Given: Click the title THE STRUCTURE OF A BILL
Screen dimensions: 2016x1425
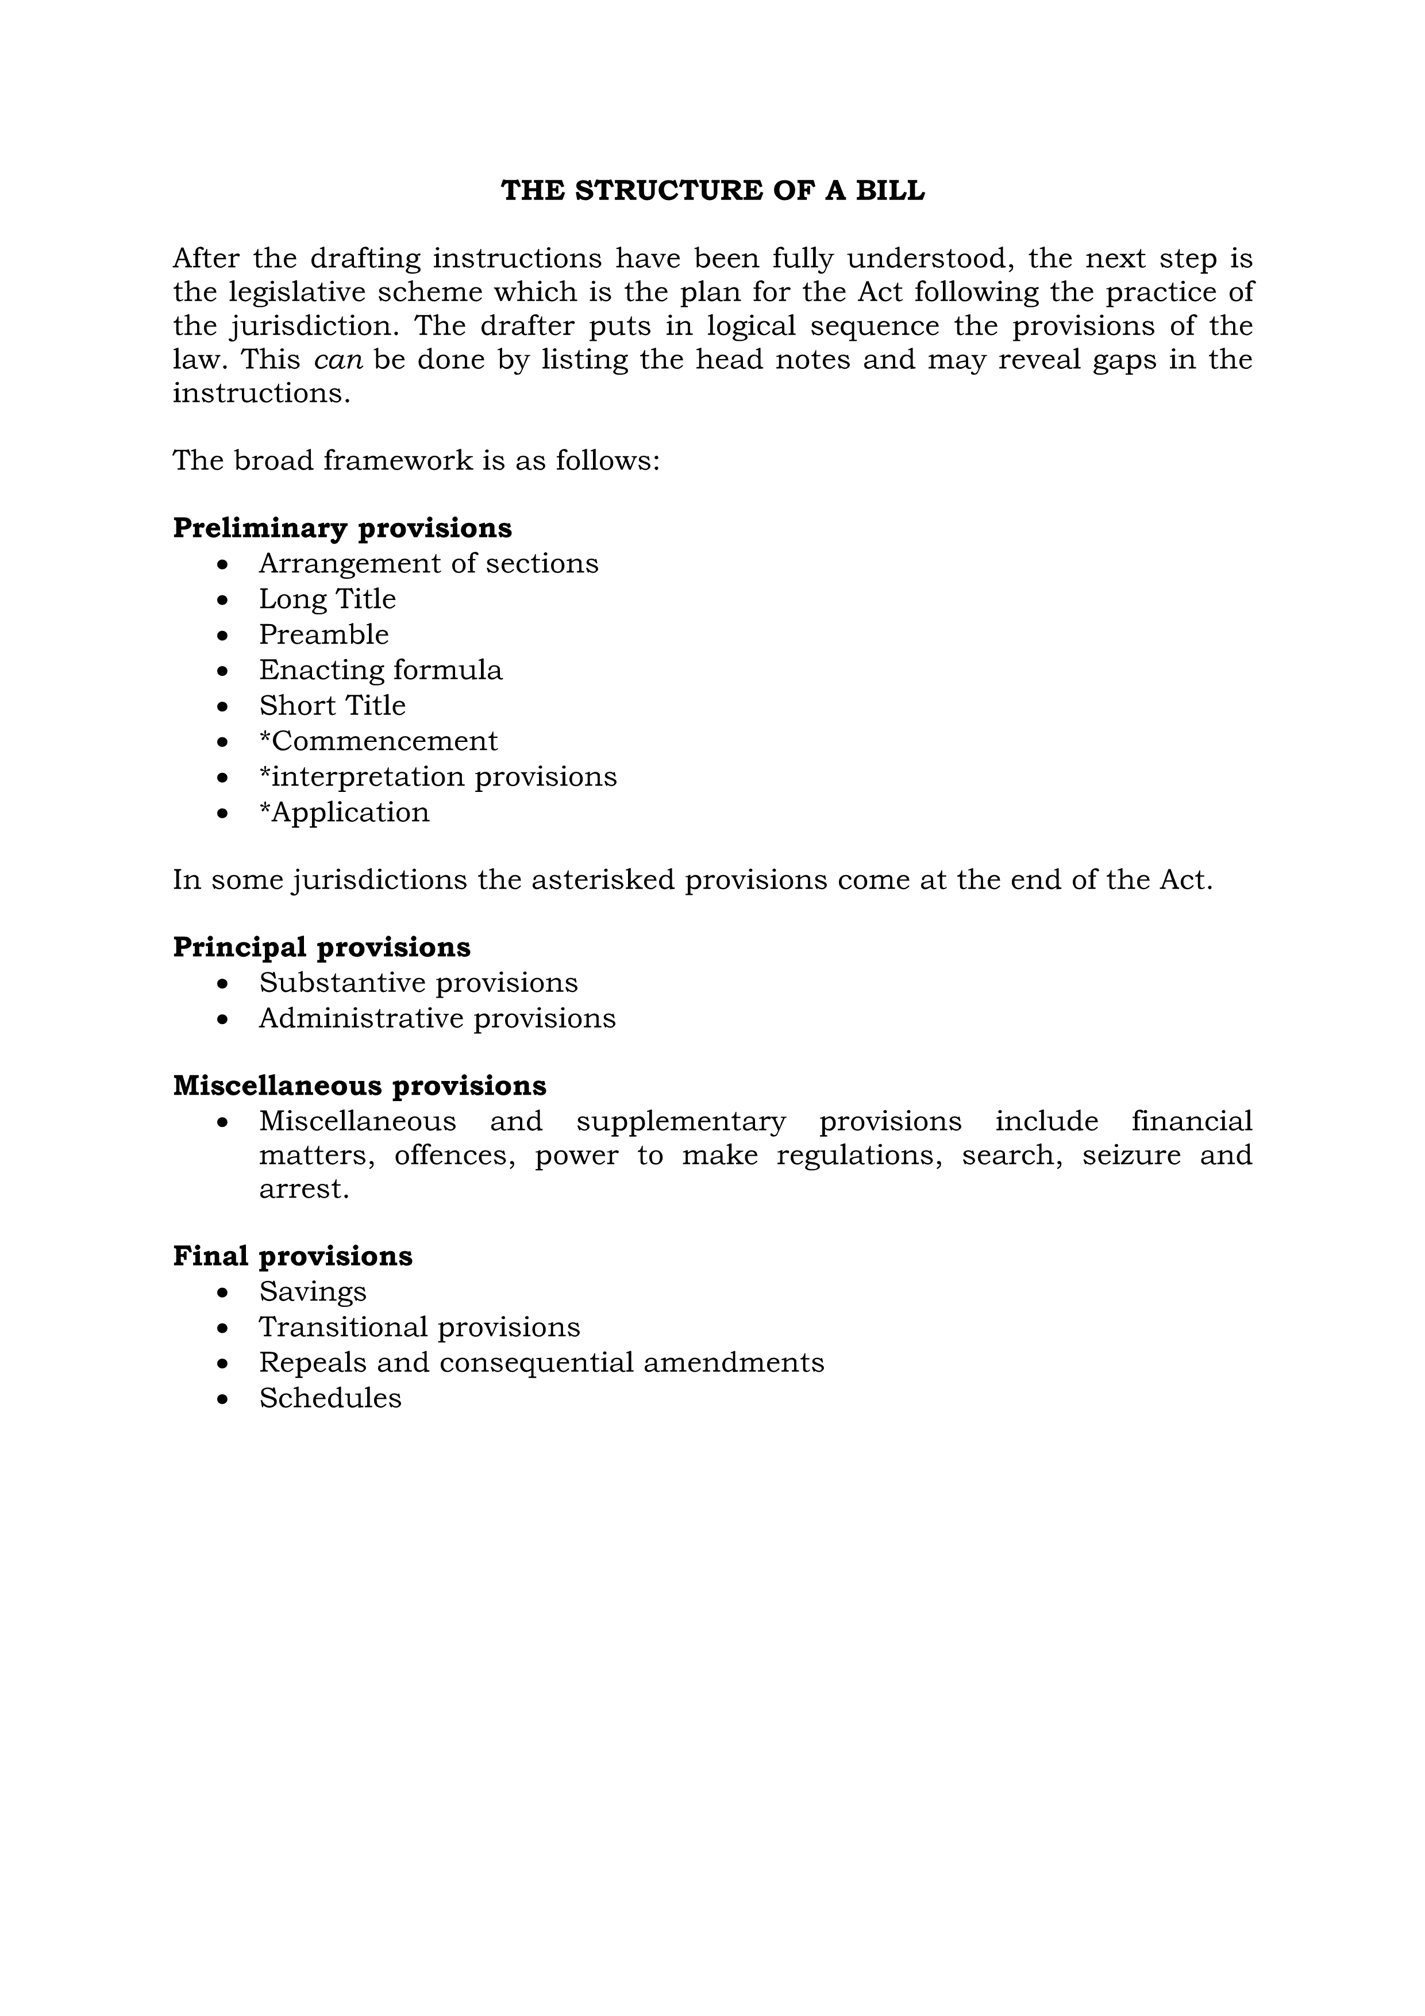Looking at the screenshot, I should (712, 191).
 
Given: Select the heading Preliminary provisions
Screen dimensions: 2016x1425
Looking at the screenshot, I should (342, 528).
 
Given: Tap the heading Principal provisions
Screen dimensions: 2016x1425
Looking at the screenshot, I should (321, 947).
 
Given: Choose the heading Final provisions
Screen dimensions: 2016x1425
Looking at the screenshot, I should (292, 1256).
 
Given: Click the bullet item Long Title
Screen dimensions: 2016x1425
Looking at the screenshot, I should (328, 599).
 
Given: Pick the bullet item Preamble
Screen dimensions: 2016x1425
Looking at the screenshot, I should (324, 634).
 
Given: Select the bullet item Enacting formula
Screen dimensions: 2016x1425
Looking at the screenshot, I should (381, 670).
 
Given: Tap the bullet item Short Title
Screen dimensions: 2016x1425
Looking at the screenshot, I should (333, 705).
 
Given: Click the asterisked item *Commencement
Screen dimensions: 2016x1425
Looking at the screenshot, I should (379, 741).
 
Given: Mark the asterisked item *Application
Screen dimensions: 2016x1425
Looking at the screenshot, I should (344, 812).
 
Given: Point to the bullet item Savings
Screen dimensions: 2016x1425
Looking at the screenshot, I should (313, 1292).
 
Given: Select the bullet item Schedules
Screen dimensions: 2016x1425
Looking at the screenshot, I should (330, 1398).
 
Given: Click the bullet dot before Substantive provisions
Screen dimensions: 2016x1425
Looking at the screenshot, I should (223, 983).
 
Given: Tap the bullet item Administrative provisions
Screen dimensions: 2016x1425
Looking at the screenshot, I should (437, 1018).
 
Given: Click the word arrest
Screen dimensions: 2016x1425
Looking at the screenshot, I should (304, 1189).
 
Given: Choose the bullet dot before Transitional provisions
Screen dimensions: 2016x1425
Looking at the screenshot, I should (223, 1328).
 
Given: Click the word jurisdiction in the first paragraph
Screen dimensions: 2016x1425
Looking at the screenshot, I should (314, 326).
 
